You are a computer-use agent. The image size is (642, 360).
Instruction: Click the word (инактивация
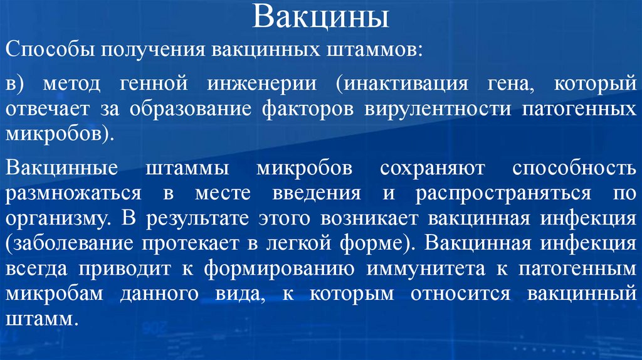pyautogui.click(x=392, y=84)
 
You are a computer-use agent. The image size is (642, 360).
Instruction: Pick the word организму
pyautogui.click(x=56, y=219)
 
